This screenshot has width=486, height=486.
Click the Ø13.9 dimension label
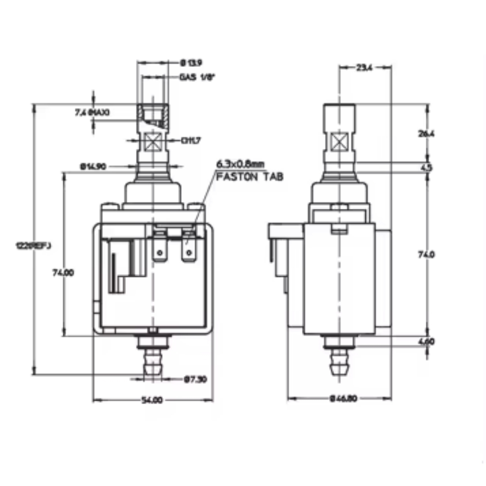click(189, 63)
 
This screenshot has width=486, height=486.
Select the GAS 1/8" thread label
click(197, 77)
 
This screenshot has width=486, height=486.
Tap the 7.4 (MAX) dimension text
click(92, 112)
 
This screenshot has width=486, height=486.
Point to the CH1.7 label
click(191, 141)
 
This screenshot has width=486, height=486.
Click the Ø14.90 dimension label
click(93, 166)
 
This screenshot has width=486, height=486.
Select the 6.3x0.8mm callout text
click(240, 163)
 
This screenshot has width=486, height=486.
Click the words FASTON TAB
click(250, 177)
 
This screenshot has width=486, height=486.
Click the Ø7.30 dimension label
click(195, 379)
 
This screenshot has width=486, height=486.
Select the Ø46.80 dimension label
click(343, 398)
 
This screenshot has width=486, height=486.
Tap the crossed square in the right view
click(339, 143)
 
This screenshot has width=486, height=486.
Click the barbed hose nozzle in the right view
click(339, 362)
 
